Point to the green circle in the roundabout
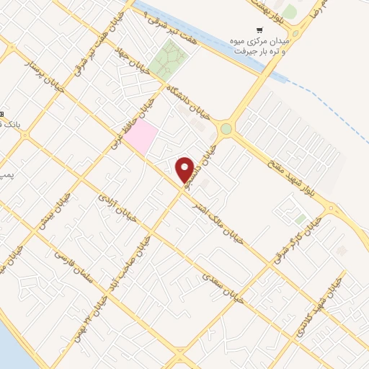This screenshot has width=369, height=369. [x=226, y=129]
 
